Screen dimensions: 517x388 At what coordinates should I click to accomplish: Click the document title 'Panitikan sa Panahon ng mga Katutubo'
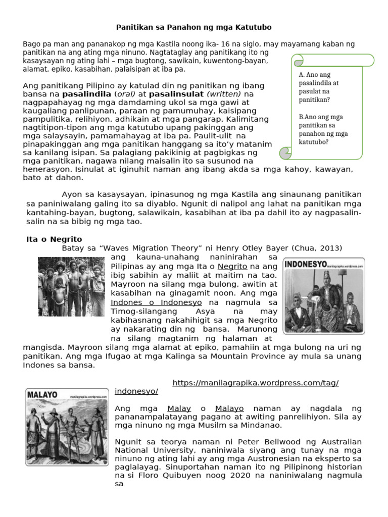coord(194,26)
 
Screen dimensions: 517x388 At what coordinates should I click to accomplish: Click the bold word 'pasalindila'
coord(86,94)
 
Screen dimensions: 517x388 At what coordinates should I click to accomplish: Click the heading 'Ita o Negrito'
coord(54,239)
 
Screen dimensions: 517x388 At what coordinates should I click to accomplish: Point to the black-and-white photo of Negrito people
coord(71,286)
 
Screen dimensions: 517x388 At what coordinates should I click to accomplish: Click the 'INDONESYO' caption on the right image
coord(305,264)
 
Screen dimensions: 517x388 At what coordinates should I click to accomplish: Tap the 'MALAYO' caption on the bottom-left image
coord(42,394)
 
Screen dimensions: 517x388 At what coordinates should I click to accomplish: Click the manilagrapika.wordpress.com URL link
coord(255,383)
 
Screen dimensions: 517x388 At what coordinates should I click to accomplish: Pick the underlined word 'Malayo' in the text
coord(229,408)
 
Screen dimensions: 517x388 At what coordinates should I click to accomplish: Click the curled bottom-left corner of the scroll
coord(285,152)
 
